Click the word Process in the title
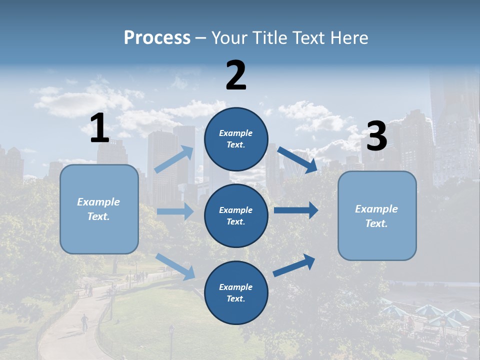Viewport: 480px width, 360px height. coord(157,37)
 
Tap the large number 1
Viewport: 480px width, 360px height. coord(99,128)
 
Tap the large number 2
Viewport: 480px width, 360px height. coord(236,75)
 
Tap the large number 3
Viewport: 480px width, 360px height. coord(376,136)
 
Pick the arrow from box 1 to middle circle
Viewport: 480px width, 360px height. coord(175,211)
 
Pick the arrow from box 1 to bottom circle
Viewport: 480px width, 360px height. coord(175,266)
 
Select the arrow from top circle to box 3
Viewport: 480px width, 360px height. coord(297,160)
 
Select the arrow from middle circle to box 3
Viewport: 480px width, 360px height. coord(296,210)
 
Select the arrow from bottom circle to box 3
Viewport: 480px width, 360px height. coord(294,265)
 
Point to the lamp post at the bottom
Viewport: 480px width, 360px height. coord(171,340)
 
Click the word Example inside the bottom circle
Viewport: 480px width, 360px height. coord(235,287)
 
